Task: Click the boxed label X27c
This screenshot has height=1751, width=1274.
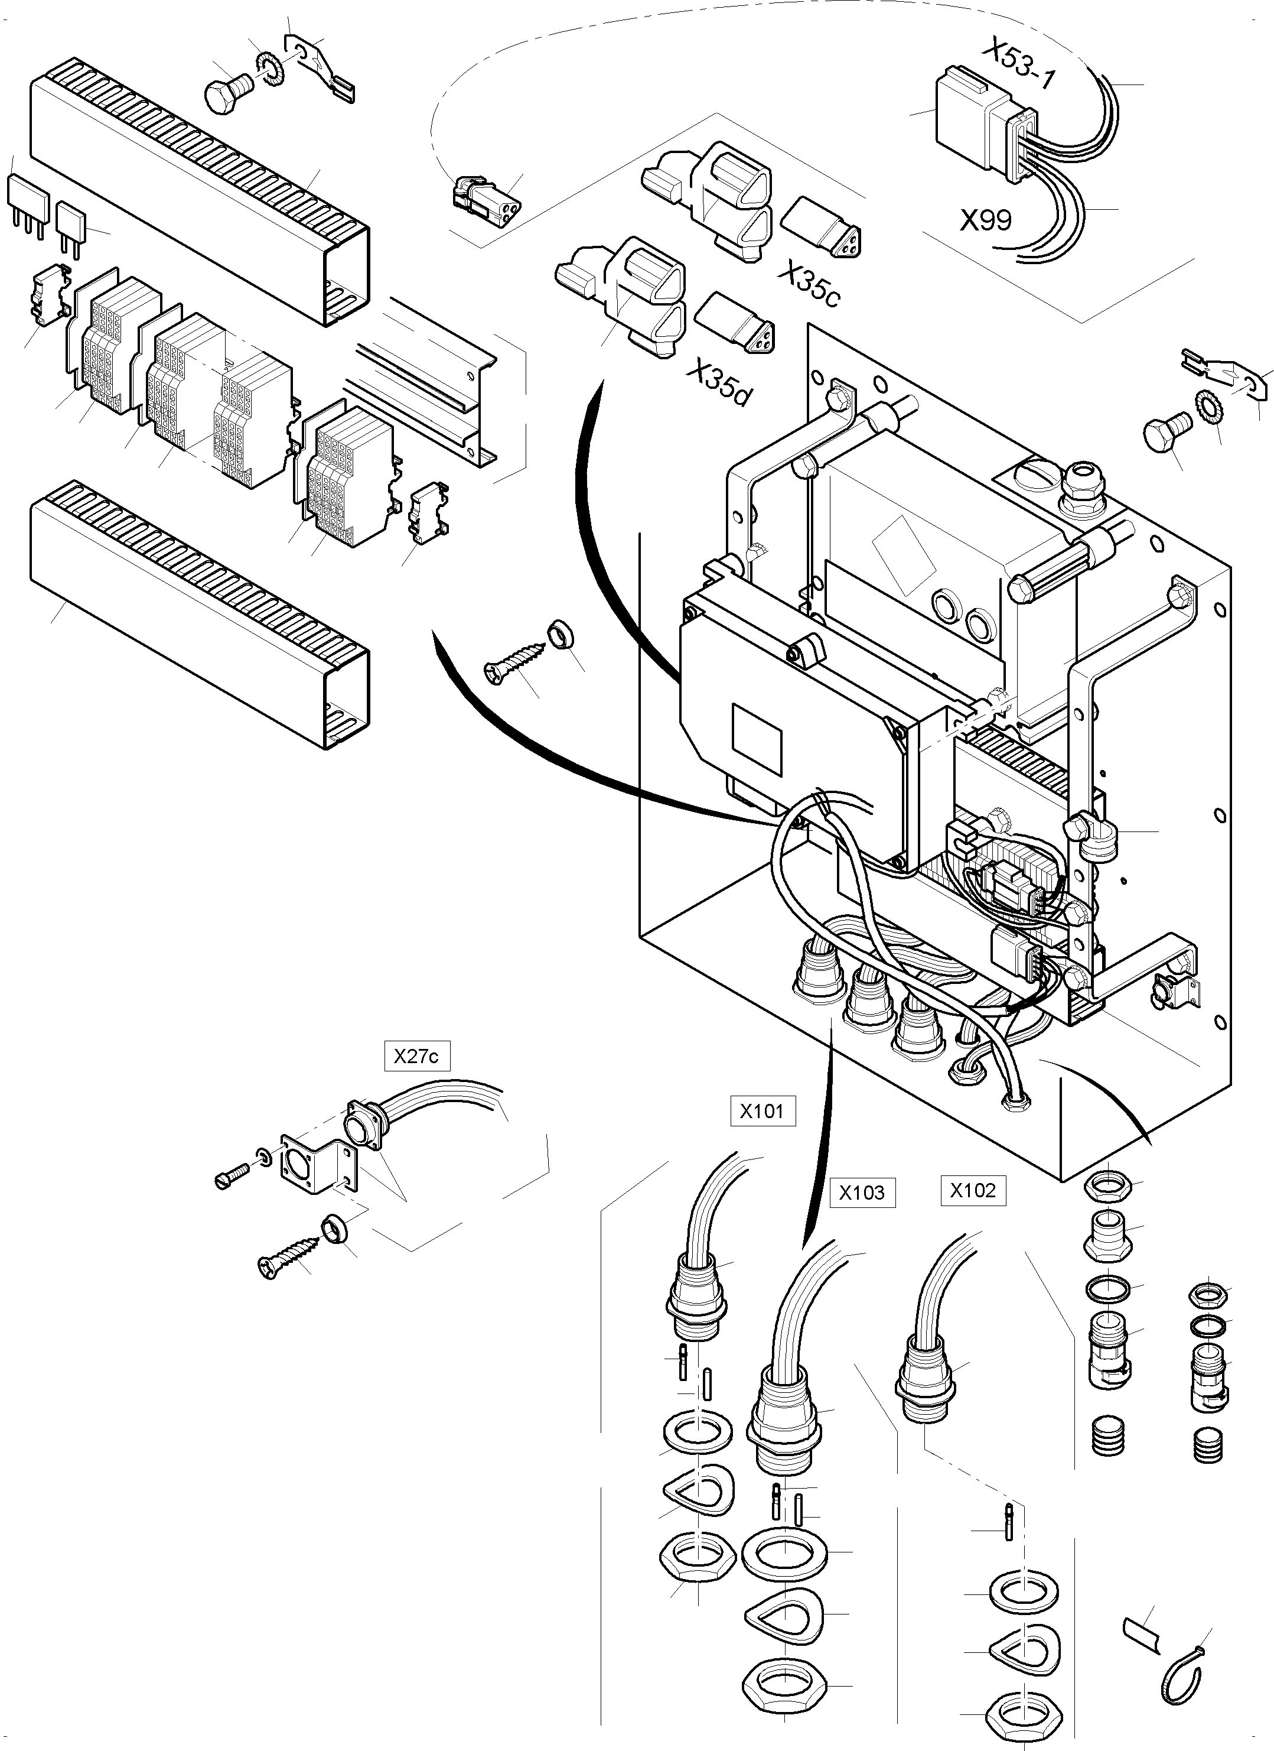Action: [416, 1056]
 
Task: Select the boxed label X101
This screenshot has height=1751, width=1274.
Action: [761, 1111]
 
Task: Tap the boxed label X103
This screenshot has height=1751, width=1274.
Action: [862, 1193]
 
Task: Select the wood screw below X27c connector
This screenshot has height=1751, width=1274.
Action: [290, 1255]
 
